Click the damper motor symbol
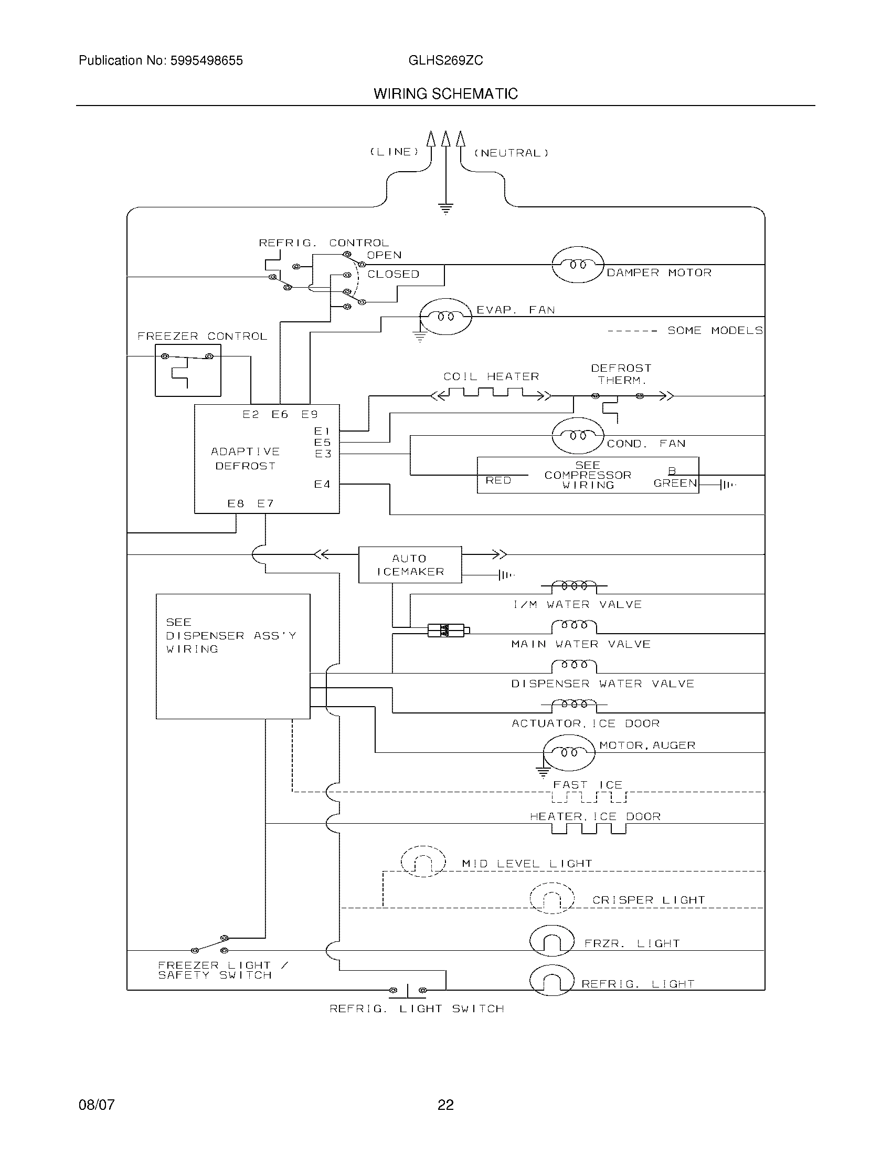(x=578, y=265)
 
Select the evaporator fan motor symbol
(x=445, y=316)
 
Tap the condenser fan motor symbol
(x=578, y=435)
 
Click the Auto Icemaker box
(x=410, y=565)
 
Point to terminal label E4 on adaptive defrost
(x=322, y=484)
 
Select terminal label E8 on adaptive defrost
(x=236, y=503)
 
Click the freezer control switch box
(x=188, y=370)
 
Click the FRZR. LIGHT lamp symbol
(x=551, y=941)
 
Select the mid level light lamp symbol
(x=423, y=862)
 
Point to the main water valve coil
(x=574, y=627)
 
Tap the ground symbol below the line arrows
(x=446, y=209)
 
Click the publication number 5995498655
(x=206, y=61)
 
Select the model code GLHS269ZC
(x=445, y=61)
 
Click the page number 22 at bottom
(x=445, y=1105)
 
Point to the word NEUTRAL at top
(x=511, y=153)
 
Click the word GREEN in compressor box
(x=675, y=483)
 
